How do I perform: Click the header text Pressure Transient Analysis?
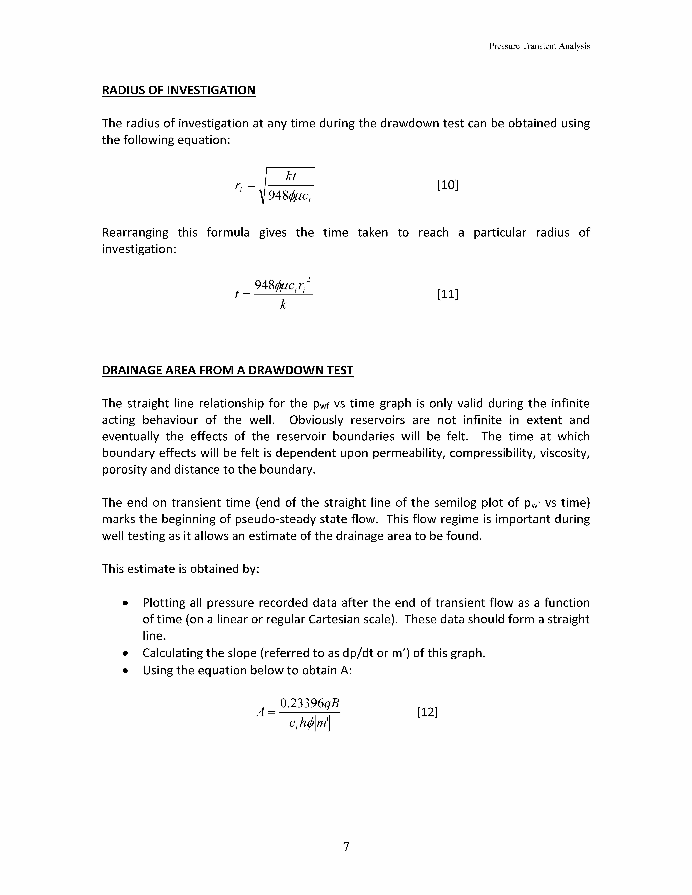point(539,46)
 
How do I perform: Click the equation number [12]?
point(427,712)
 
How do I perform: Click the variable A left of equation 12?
point(261,712)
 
